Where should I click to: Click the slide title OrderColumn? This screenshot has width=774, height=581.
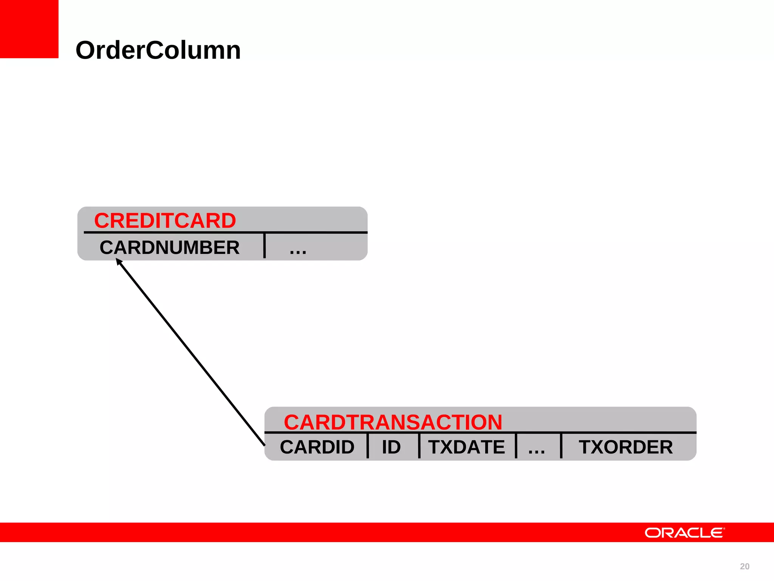click(x=158, y=50)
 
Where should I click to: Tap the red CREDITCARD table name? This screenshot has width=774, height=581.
click(x=165, y=221)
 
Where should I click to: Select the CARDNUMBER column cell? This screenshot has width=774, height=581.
click(x=169, y=248)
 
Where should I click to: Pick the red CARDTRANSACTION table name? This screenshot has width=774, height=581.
click(x=393, y=422)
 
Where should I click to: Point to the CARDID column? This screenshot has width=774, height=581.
click(x=317, y=447)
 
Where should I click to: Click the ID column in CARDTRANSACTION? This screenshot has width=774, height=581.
click(x=391, y=447)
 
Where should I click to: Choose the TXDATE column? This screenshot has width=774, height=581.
click(x=466, y=447)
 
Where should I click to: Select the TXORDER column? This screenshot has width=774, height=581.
click(x=625, y=447)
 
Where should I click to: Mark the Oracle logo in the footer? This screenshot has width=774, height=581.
click(x=684, y=533)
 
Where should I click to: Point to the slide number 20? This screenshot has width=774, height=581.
click(x=745, y=566)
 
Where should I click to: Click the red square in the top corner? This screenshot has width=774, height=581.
click(x=29, y=29)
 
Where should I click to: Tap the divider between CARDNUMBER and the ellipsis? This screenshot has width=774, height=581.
click(x=265, y=246)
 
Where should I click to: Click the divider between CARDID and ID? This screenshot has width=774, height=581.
click(x=368, y=446)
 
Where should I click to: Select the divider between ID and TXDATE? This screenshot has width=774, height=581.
click(x=419, y=446)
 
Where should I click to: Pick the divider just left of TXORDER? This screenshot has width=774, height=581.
click(x=561, y=446)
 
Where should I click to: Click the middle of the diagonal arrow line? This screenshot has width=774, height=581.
click(x=191, y=353)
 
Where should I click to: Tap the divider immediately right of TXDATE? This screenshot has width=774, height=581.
click(x=516, y=446)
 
